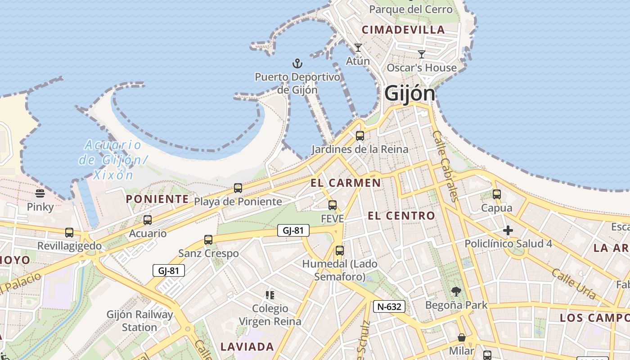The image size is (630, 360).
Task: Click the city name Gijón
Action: pyautogui.click(x=409, y=94)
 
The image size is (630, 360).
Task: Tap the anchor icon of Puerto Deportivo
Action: pyautogui.click(x=297, y=63)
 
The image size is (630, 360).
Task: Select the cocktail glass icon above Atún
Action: pyautogui.click(x=358, y=47)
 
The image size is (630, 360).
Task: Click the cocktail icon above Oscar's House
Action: pyautogui.click(x=422, y=54)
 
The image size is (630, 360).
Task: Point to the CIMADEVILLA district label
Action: pyautogui.click(x=403, y=30)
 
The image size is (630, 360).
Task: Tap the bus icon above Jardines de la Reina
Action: pyautogui.click(x=360, y=135)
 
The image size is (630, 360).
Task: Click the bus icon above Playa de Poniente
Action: pyautogui.click(x=238, y=188)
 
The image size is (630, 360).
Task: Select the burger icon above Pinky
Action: pyautogui.click(x=40, y=193)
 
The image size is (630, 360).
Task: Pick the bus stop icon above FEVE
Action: pyautogui.click(x=333, y=205)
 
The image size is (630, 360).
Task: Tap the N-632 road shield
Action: pyautogui.click(x=389, y=307)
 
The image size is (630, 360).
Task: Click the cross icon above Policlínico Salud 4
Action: pyautogui.click(x=508, y=231)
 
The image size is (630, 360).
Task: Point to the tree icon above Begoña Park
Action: pyautogui.click(x=456, y=292)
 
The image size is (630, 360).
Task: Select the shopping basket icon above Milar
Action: pyautogui.click(x=462, y=337)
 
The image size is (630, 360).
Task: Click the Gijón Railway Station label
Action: pyautogui.click(x=139, y=320)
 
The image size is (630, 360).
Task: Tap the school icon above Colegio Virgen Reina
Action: pyautogui.click(x=270, y=295)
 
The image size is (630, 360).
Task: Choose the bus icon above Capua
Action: pyautogui.click(x=497, y=194)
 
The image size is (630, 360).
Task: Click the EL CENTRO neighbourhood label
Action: pyautogui.click(x=401, y=216)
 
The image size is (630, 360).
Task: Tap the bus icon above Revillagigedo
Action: pyautogui.click(x=69, y=233)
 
